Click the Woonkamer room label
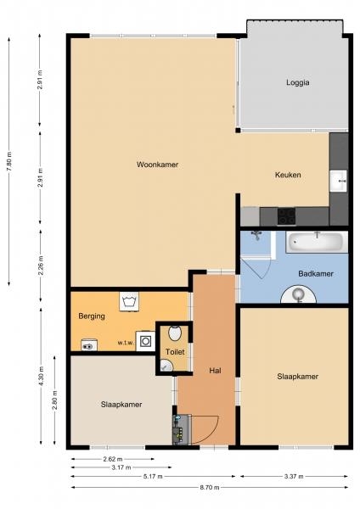click(x=157, y=165)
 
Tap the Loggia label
click(x=298, y=82)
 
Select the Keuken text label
click(x=288, y=175)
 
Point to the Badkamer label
click(x=316, y=274)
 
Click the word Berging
click(x=92, y=316)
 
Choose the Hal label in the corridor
click(x=215, y=371)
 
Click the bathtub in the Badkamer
click(x=317, y=242)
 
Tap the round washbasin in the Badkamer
click(x=298, y=294)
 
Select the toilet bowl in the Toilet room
click(x=175, y=333)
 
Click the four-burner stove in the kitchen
click(x=286, y=216)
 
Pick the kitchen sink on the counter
click(x=338, y=182)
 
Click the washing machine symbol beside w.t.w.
click(x=145, y=341)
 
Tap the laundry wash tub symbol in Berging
click(x=129, y=301)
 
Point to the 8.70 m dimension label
click(x=210, y=487)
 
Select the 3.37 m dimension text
click(x=294, y=476)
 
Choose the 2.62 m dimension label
click(x=113, y=459)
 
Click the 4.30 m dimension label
click(x=41, y=376)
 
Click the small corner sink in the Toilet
click(x=166, y=366)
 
